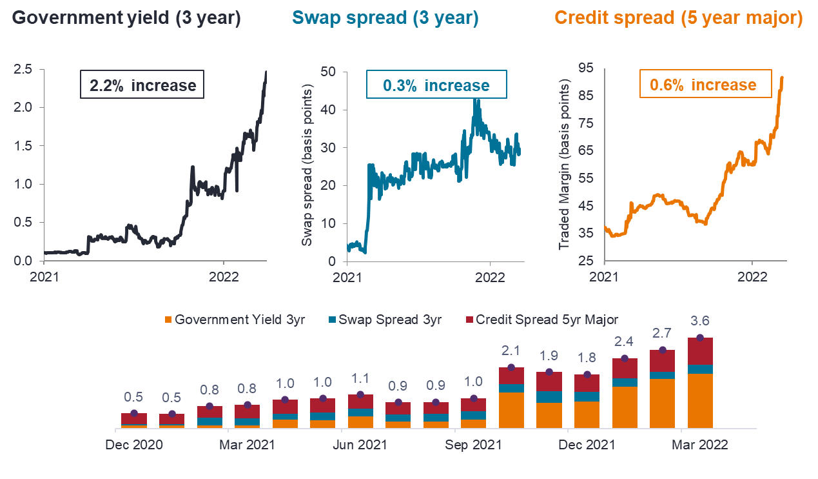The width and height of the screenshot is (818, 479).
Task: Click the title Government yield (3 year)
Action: point(126,18)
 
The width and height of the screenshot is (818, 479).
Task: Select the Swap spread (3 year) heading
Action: point(385,18)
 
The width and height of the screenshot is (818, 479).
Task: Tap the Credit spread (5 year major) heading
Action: point(679,18)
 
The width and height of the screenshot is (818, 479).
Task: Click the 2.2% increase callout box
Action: point(142,85)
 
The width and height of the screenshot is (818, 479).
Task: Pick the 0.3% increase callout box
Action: point(436,85)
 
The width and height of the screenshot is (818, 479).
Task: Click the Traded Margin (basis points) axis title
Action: point(565,165)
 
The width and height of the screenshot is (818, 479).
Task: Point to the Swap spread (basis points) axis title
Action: point(307,165)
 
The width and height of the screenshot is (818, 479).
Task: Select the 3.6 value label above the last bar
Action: point(700,320)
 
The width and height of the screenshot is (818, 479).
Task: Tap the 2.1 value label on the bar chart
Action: point(511,350)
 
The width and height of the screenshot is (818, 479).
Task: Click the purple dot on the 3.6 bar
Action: point(700,338)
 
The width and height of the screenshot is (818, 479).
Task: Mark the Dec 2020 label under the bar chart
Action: point(135,445)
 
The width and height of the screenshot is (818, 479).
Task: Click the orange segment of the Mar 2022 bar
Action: point(700,400)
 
